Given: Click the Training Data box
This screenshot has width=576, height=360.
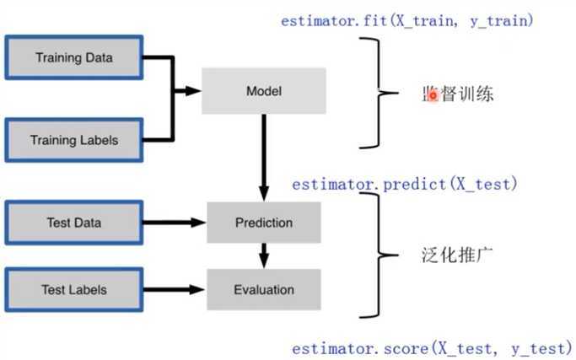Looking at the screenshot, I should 74,57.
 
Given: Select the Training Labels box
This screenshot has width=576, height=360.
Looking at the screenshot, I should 74,139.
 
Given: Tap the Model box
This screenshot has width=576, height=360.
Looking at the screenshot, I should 263,90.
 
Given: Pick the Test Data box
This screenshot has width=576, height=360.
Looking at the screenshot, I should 74,223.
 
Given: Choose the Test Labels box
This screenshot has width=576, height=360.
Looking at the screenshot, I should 74,289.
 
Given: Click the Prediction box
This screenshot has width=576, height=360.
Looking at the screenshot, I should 263,223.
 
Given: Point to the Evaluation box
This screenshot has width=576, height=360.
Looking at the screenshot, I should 263,289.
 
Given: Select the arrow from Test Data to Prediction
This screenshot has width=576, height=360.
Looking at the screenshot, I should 175,223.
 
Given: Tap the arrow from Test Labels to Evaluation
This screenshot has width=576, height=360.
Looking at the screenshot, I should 175,289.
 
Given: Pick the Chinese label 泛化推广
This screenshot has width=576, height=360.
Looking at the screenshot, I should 456,254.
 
